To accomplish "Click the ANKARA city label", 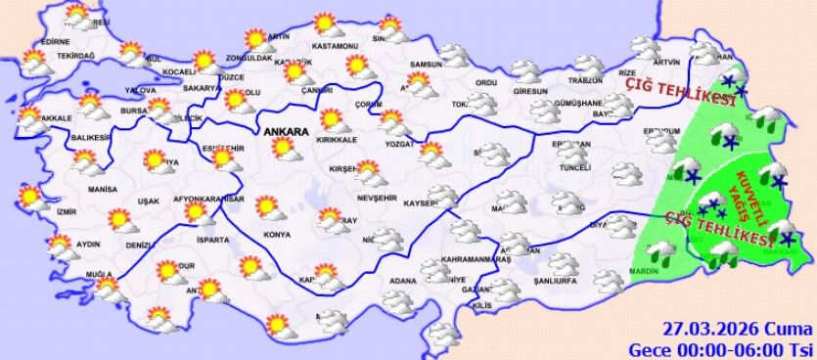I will pyautogui.click(x=285, y=130).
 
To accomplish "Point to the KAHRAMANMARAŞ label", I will pyautogui.click(x=477, y=260).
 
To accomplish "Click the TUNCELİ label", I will pyautogui.click(x=573, y=167).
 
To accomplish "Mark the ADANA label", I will pyautogui.click(x=402, y=282).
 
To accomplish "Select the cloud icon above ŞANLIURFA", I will pyautogui.click(x=563, y=264).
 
